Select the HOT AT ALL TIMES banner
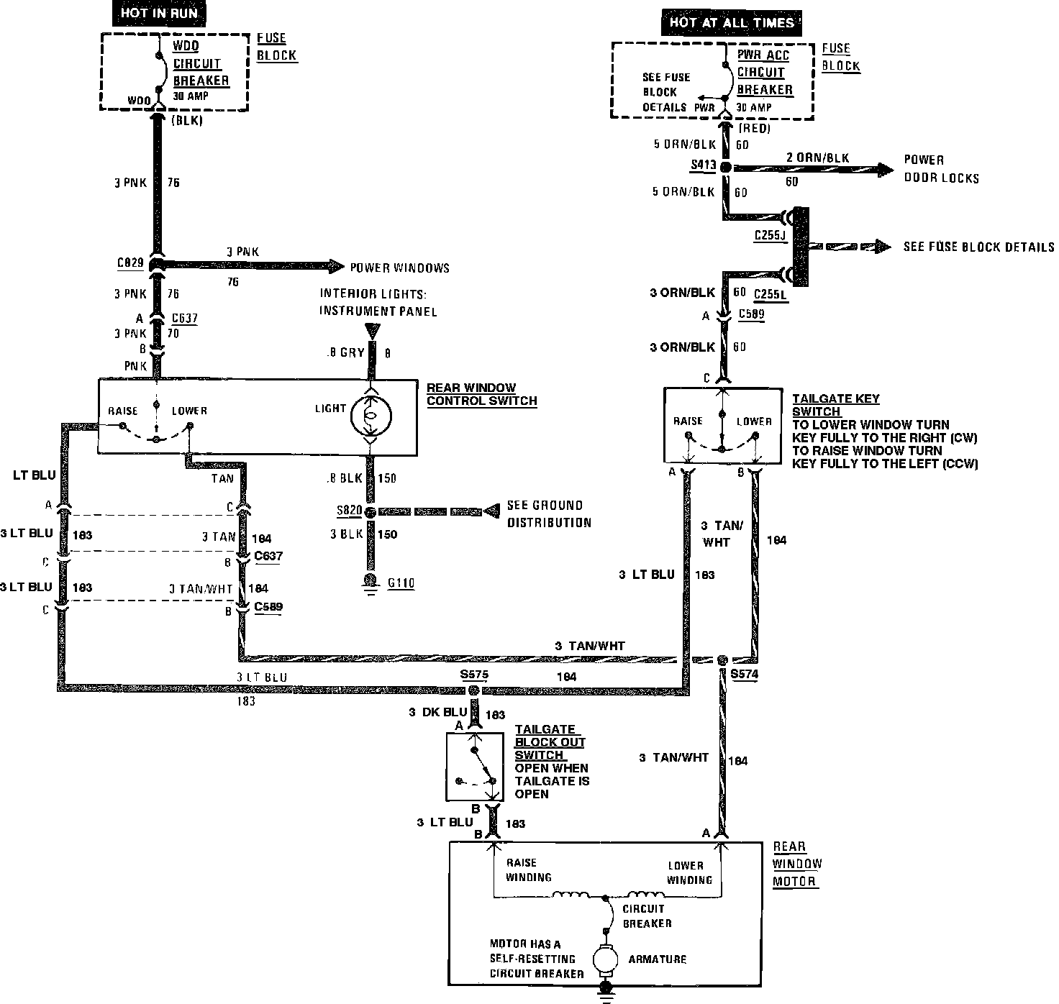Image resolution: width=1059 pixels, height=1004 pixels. pyautogui.click(x=732, y=22)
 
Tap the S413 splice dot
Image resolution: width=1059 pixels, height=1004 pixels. pyautogui.click(x=726, y=167)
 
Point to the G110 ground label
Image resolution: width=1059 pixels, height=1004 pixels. pyautogui.click(x=401, y=583)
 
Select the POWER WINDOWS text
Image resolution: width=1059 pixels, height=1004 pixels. pyautogui.click(x=399, y=268)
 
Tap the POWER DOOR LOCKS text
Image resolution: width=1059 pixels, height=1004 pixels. pyautogui.click(x=941, y=168)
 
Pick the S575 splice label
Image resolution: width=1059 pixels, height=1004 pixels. pyautogui.click(x=474, y=675)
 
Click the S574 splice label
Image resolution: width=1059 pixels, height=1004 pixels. pyautogui.click(x=744, y=675)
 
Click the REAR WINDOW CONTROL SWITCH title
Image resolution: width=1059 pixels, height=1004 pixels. pyautogui.click(x=481, y=394)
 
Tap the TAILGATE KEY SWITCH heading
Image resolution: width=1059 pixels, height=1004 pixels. pyautogui.click(x=835, y=405)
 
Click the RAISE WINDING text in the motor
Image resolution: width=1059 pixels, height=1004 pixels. pyautogui.click(x=528, y=870)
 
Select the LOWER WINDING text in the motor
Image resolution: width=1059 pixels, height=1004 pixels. pyautogui.click(x=688, y=872)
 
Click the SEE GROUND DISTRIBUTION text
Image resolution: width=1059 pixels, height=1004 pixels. pyautogui.click(x=549, y=514)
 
